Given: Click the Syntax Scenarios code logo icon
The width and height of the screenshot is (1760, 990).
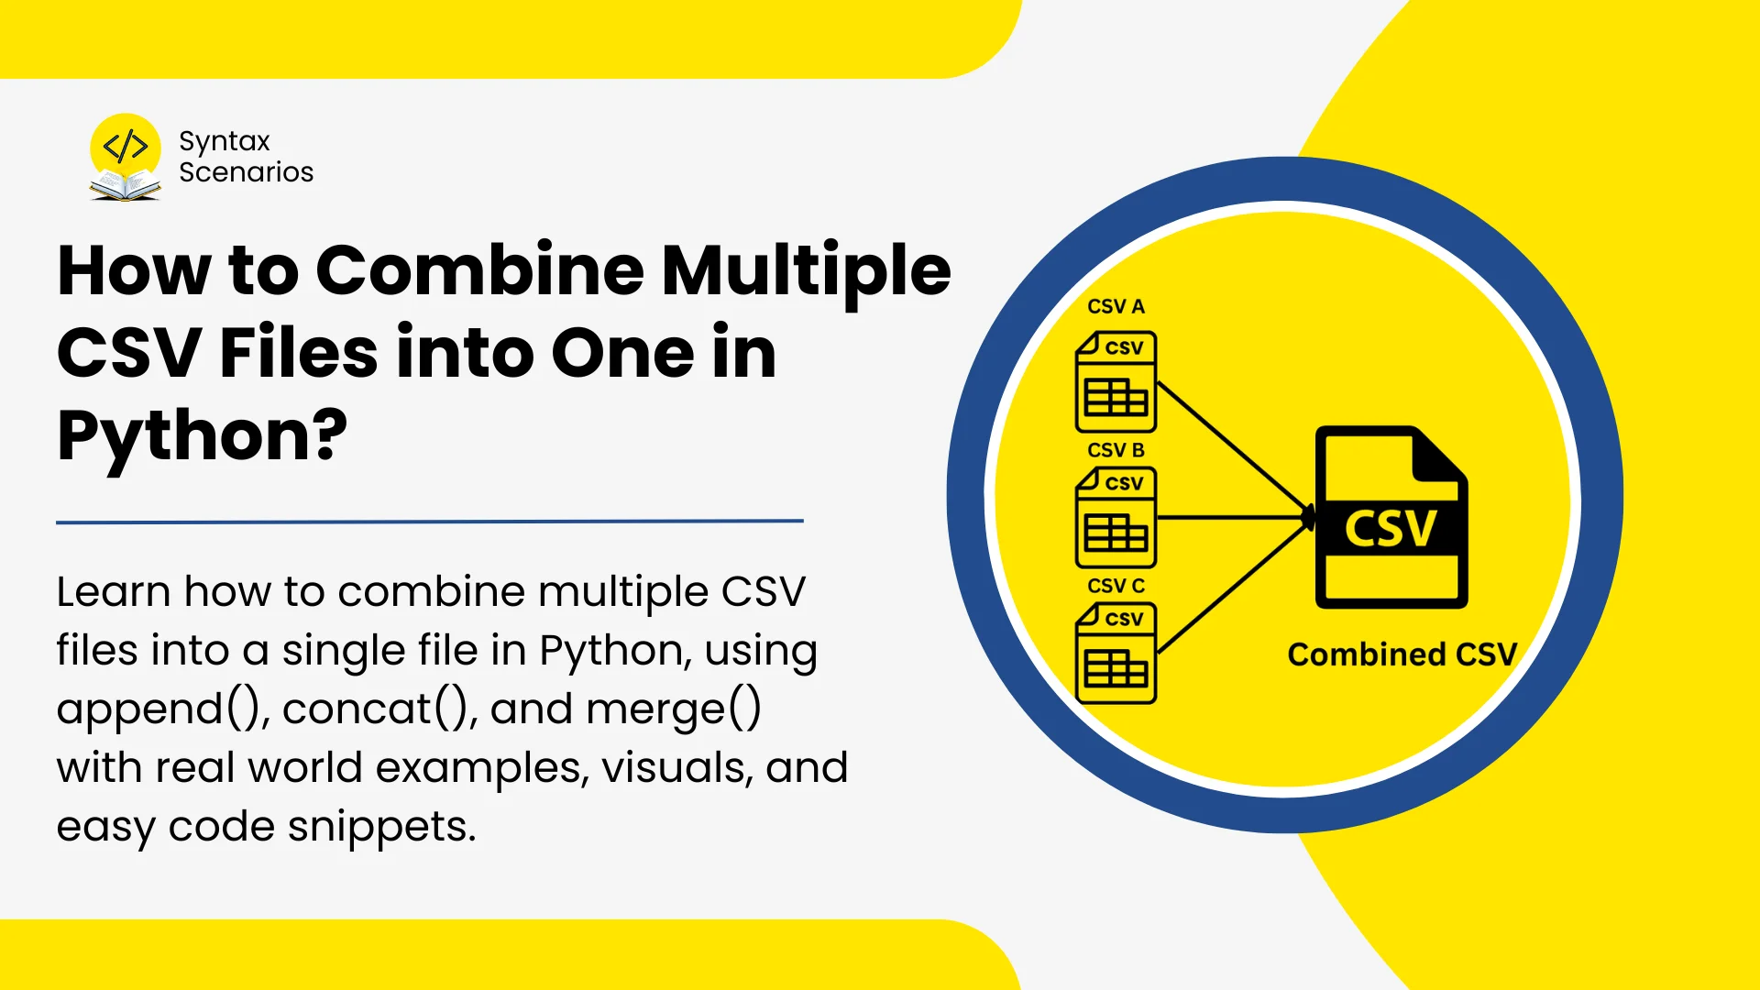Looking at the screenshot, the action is pos(126,157).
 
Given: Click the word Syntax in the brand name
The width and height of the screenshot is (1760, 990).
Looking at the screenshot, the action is pos(225,142).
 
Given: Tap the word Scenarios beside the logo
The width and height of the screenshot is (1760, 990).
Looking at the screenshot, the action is pos(246,172).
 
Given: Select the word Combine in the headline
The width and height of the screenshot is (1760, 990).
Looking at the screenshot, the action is pos(480,270).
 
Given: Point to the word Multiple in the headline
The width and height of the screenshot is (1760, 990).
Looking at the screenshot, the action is pos(807,272).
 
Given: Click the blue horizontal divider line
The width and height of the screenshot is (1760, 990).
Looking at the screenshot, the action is pos(430,522).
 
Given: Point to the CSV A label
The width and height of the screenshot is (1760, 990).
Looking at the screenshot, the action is pos(1116,306).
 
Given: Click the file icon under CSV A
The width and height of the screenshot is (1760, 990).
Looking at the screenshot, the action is pos(1116,382).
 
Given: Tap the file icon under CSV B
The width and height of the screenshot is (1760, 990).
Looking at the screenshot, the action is pos(1116,518).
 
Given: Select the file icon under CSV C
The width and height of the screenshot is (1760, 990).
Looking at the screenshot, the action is pos(1116,654).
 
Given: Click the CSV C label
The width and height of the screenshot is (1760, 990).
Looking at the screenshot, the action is pos(1116,586).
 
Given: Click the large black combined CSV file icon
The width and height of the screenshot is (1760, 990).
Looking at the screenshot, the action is pos(1391,518).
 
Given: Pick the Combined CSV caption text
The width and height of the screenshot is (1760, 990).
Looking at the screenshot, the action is pos(1402,654).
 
